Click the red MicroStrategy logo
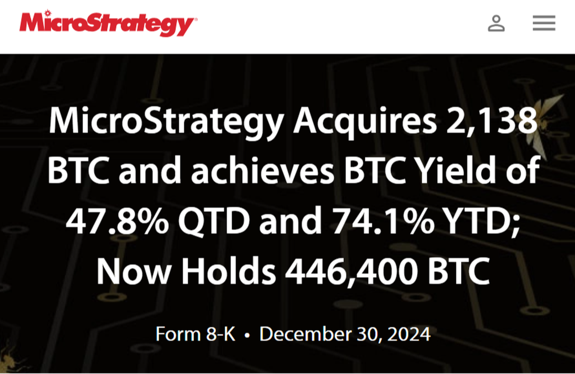point(108,23)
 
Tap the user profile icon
point(496,23)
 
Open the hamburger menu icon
point(544,23)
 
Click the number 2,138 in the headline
point(492,121)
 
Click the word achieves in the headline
point(263,170)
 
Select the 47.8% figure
point(117,221)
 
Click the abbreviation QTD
point(214,222)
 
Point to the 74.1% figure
point(383,221)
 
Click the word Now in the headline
point(134,271)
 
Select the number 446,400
point(351,271)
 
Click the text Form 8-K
point(195,334)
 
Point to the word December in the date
point(305,334)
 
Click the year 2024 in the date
point(409,334)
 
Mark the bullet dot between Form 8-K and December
point(247,335)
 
